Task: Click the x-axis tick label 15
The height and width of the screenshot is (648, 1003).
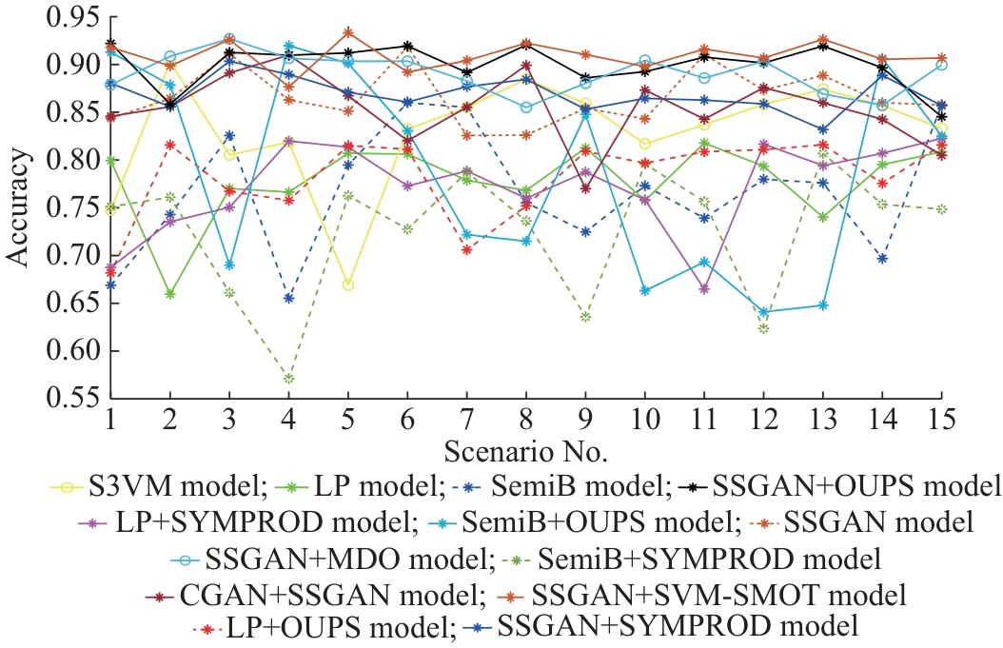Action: tap(942, 419)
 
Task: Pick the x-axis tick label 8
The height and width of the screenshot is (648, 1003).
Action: tap(526, 419)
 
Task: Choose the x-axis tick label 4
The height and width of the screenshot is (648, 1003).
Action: tap(288, 419)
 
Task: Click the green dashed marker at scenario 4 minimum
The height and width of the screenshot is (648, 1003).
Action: tap(288, 379)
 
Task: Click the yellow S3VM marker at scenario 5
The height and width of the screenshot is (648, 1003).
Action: tap(348, 285)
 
